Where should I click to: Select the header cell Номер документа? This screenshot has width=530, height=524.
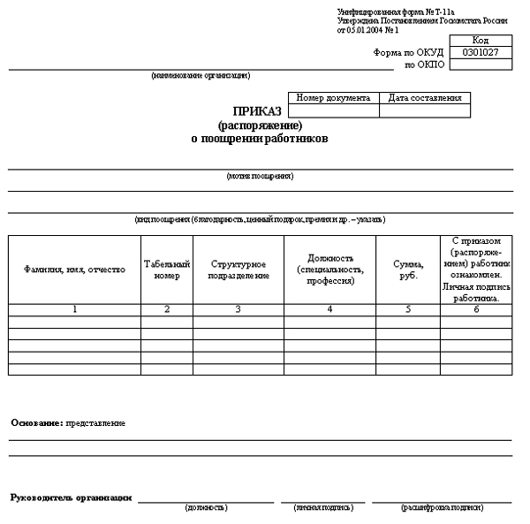[333, 98]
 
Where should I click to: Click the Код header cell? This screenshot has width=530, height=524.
[481, 41]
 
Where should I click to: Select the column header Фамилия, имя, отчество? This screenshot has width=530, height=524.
[74, 270]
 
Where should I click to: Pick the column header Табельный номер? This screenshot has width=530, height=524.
[166, 270]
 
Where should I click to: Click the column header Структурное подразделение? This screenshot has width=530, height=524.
[238, 270]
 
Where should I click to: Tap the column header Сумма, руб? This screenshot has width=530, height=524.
[407, 270]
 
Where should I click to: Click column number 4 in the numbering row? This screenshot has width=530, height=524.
[329, 309]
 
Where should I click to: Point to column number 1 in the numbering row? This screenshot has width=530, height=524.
[74, 309]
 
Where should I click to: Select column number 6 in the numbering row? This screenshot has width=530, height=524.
[475, 309]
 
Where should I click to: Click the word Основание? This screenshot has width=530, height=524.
[36, 423]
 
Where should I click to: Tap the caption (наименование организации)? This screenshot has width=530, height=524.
[201, 75]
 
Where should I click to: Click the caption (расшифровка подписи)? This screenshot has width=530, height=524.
[441, 507]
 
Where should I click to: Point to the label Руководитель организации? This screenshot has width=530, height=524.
[71, 497]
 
